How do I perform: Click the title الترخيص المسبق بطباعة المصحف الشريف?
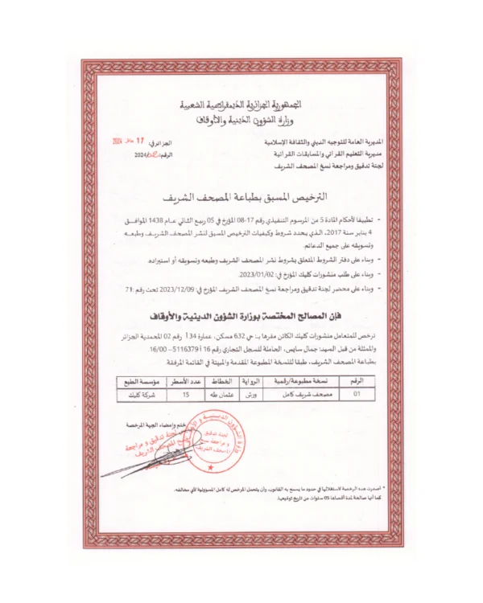pos(241,197)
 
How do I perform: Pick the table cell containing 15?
pos(186,395)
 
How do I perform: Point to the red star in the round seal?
pos(212,468)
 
